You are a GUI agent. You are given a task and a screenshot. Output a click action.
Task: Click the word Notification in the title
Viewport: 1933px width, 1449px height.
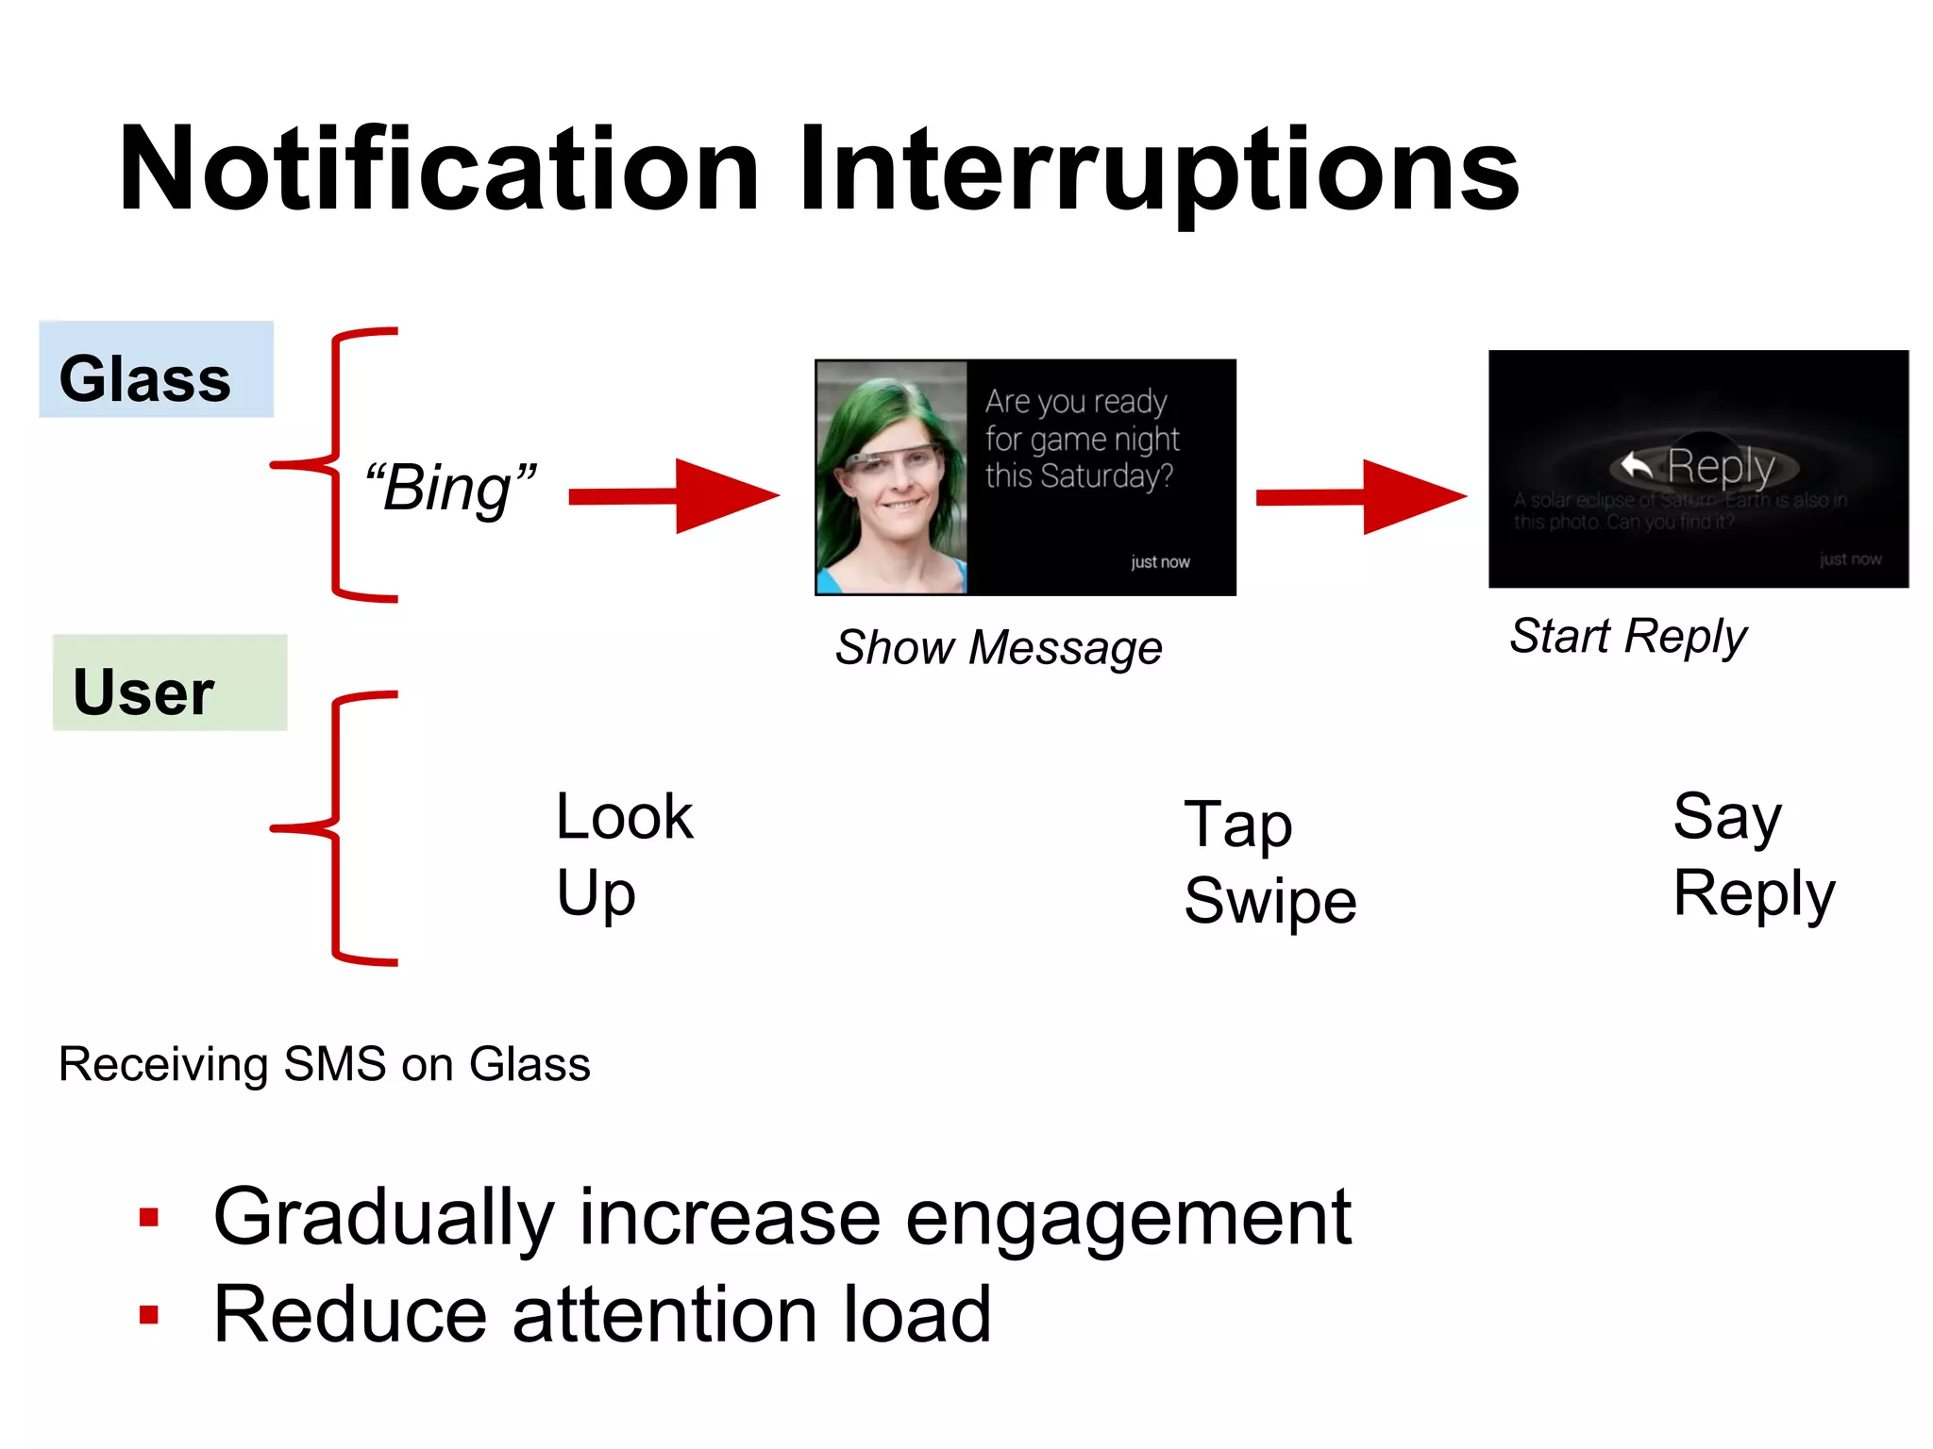pyautogui.click(x=439, y=170)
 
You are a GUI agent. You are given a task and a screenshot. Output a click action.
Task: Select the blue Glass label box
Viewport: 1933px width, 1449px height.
pyautogui.click(x=156, y=370)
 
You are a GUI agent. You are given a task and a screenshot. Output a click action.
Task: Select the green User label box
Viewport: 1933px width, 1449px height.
pyautogui.click(x=170, y=683)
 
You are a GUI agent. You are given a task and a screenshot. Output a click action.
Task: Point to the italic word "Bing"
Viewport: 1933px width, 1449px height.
pyautogui.click(x=450, y=488)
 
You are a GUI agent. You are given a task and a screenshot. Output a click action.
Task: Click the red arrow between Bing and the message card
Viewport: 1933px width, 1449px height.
pyautogui.click(x=674, y=496)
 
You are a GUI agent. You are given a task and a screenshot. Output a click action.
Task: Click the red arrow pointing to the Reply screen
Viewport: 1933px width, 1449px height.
pyautogui.click(x=1361, y=496)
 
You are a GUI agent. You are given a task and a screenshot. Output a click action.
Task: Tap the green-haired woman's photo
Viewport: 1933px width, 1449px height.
pyautogui.click(x=892, y=477)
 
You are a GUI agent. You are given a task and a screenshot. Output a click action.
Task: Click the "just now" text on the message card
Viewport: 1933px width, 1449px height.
pyautogui.click(x=1160, y=562)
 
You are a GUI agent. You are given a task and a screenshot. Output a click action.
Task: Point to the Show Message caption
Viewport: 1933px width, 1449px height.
pyautogui.click(x=999, y=648)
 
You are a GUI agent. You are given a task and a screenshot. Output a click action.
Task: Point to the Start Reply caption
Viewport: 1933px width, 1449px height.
pyautogui.click(x=1628, y=636)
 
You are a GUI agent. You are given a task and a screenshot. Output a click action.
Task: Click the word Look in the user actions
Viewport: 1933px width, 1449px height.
pyautogui.click(x=624, y=816)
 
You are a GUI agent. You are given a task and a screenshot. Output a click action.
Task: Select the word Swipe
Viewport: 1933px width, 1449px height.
pyautogui.click(x=1270, y=901)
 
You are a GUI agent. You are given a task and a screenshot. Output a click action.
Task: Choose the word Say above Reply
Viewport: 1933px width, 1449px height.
pyautogui.click(x=1727, y=817)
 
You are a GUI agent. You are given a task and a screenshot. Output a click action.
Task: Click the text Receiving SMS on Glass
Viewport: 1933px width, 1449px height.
pyautogui.click(x=325, y=1064)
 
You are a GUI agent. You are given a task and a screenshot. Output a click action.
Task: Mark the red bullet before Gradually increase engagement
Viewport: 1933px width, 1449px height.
pyautogui.click(x=149, y=1218)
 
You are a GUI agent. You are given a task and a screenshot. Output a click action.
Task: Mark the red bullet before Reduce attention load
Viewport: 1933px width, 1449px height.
pyautogui.click(x=149, y=1315)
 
